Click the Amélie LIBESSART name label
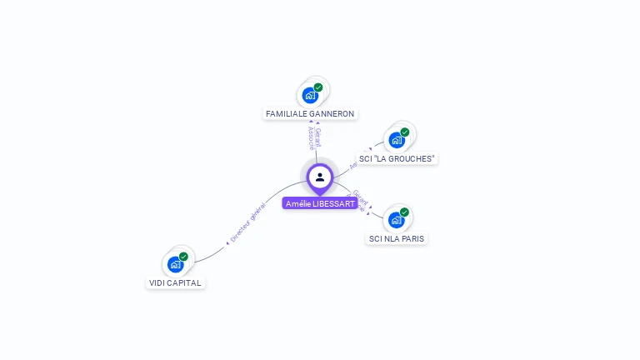click(320, 203)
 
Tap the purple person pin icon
click(320, 177)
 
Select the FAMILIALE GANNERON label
click(310, 113)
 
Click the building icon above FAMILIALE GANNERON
click(311, 95)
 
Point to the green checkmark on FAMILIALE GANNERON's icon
click(318, 87)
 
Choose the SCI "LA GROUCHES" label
click(397, 158)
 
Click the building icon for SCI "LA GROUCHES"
click(397, 140)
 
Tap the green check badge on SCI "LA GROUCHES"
click(405, 132)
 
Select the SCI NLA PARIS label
click(397, 238)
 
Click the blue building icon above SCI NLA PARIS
click(397, 220)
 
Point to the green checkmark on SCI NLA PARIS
click(404, 212)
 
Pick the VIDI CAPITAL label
click(175, 282)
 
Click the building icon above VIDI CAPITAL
click(175, 264)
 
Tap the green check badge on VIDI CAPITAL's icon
click(183, 257)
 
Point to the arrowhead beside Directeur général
click(227, 242)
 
